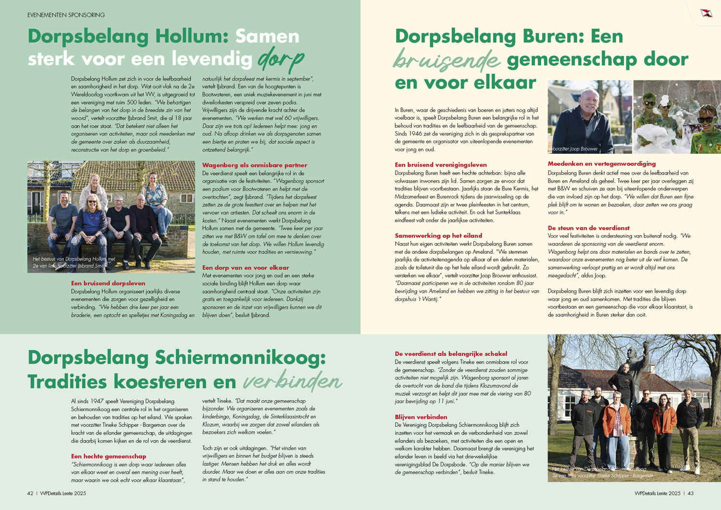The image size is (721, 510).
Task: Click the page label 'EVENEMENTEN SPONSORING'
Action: (x=66, y=15)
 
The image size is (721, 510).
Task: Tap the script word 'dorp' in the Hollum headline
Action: (x=281, y=60)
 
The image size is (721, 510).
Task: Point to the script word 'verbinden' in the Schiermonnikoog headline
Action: (x=292, y=382)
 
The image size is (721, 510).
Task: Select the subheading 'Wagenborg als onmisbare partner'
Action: (x=254, y=165)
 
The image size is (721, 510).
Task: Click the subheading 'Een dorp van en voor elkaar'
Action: (x=246, y=268)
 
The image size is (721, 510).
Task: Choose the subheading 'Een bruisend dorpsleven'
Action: (x=108, y=284)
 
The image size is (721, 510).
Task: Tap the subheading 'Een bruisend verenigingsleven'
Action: (x=441, y=165)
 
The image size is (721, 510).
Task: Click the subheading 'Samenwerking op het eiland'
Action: (x=438, y=236)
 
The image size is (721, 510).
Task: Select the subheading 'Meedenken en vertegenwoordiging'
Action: (x=602, y=164)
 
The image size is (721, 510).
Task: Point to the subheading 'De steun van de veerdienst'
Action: (x=589, y=228)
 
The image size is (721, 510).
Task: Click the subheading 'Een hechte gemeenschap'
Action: (x=109, y=457)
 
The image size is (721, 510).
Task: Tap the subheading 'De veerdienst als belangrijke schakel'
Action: (x=451, y=354)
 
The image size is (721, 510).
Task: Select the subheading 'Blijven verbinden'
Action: (x=421, y=417)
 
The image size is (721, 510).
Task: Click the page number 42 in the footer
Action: (x=30, y=493)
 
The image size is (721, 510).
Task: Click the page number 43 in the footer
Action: (x=690, y=493)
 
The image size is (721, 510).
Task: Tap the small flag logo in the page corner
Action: (x=706, y=13)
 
